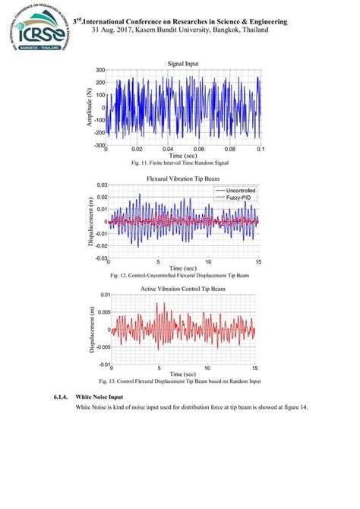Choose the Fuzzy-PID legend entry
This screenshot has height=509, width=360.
pos(238,198)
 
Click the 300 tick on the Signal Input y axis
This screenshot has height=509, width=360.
pos(99,71)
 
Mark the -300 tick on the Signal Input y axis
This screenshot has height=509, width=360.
pos(98,145)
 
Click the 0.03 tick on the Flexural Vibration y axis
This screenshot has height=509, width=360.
pos(101,185)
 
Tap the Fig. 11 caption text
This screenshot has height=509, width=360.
pos(179,163)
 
